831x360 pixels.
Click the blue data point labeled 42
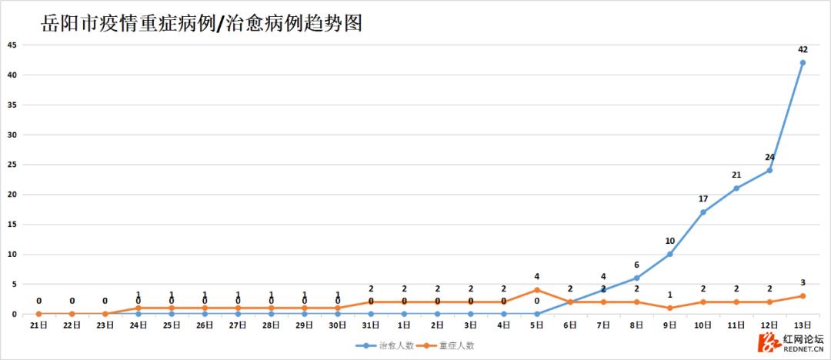tap(803, 62)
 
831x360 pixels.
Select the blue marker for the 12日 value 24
tap(769, 170)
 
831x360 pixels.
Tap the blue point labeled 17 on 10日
tap(703, 212)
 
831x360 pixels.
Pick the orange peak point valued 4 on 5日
tap(537, 290)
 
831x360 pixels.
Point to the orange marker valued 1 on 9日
tap(670, 308)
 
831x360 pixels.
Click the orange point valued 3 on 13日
tap(803, 296)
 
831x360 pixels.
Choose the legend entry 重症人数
tap(446, 345)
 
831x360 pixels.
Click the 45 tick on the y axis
tap(12, 45)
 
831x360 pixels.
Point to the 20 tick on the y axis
tap(12, 195)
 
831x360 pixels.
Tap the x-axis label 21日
tap(38, 325)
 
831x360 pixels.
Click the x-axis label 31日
tap(371, 325)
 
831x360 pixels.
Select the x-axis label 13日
tap(803, 325)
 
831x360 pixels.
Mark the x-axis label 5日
tap(537, 325)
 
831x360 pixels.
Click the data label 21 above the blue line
tap(736, 175)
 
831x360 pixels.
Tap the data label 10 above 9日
tap(670, 241)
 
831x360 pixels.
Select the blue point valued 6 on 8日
tap(637, 278)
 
